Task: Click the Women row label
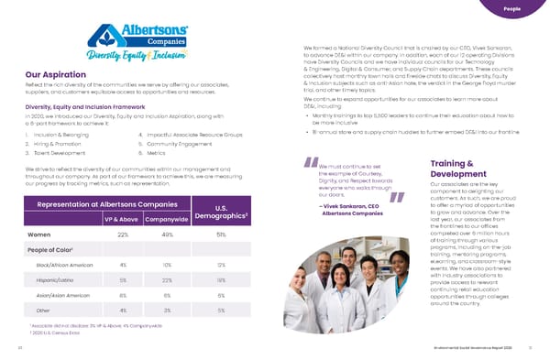[39, 235]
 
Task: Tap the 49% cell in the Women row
[167, 235]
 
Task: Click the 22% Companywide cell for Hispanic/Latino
[167, 279]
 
